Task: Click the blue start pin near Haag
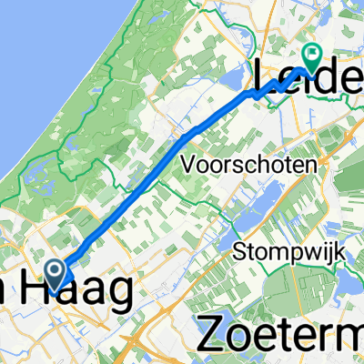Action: (x=54, y=273)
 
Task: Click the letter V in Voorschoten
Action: (x=189, y=166)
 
